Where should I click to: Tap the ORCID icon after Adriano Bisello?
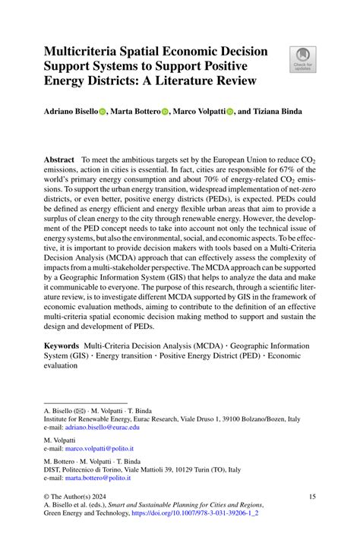(x=103, y=111)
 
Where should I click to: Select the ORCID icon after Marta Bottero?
(x=165, y=111)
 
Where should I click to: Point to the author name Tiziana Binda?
(x=287, y=111)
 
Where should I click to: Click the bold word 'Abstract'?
(x=59, y=161)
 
